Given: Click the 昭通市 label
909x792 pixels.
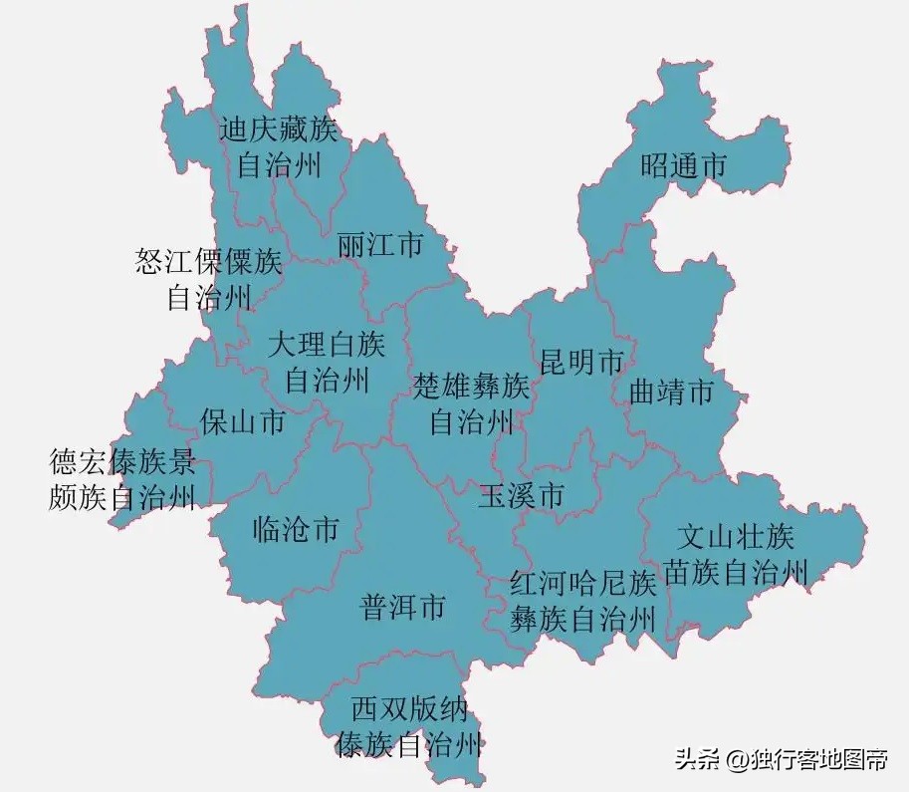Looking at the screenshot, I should [683, 165].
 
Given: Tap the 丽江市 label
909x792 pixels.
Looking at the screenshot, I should [380, 245].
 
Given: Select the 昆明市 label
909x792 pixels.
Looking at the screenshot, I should [581, 362].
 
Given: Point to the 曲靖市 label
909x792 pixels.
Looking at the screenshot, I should [672, 392].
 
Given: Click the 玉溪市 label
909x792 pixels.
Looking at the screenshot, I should [521, 495].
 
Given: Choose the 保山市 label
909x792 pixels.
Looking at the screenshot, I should [242, 421].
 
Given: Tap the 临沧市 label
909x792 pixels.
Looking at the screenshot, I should [296, 529].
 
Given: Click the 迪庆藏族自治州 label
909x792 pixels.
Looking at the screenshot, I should [279, 146].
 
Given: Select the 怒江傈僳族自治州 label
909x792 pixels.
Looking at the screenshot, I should [209, 280].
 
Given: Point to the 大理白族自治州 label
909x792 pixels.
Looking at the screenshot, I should [327, 362].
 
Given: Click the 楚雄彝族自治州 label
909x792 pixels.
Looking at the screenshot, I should [472, 403].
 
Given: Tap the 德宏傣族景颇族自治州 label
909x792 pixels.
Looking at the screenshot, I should [122, 479].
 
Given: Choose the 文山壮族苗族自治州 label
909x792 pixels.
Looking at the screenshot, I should [736, 554].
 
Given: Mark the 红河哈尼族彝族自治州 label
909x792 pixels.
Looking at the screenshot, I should [583, 602].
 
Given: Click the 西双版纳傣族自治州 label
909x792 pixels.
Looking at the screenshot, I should [410, 727].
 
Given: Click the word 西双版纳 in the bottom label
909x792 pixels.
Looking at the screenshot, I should [410, 710].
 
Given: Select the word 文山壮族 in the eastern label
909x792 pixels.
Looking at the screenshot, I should [736, 538].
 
